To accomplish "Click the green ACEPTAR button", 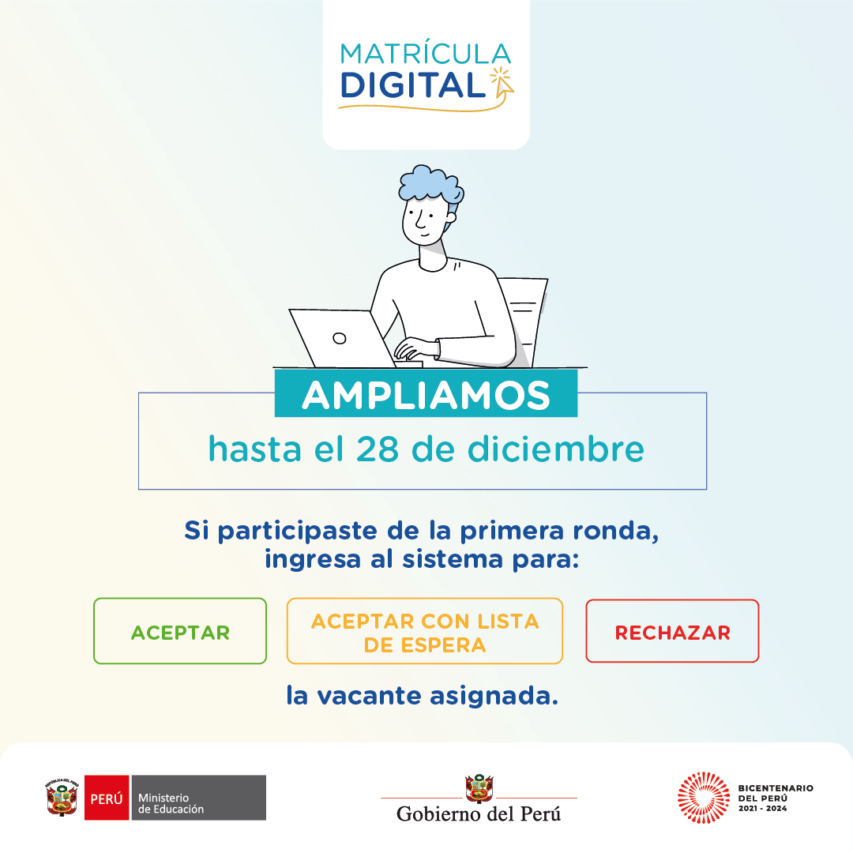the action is click(180, 631).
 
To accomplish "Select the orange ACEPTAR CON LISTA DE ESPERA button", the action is click(425, 631).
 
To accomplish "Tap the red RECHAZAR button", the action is click(672, 631).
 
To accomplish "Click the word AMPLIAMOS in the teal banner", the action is click(426, 395).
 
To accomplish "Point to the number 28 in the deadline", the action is click(377, 449).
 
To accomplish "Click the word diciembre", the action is click(556, 449).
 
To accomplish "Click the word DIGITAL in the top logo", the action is click(412, 85).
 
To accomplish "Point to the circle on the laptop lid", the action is click(340, 338).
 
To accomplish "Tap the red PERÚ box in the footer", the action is click(107, 798).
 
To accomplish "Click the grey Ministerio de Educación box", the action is click(198, 798).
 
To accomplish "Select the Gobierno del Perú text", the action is click(479, 814).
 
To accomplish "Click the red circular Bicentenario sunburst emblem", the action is click(704, 798).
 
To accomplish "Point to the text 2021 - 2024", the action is click(762, 809).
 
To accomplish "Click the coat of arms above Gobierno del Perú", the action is click(479, 788).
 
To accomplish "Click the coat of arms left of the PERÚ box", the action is click(62, 798).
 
